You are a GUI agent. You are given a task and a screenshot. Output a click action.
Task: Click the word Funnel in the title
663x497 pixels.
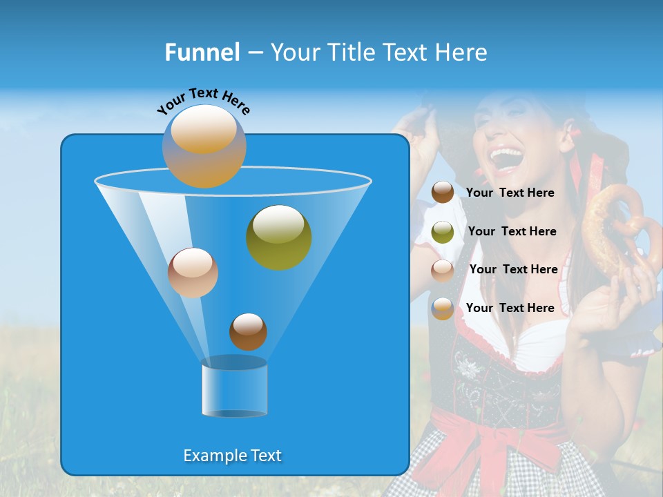point(202,52)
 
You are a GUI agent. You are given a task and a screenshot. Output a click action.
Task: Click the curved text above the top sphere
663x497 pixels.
point(203,101)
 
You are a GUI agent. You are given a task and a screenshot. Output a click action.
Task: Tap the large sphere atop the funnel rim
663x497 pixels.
point(204,146)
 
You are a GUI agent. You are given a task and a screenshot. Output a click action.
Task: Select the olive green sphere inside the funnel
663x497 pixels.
point(278,237)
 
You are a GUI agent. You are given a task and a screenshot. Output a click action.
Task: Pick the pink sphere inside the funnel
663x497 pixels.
point(193,272)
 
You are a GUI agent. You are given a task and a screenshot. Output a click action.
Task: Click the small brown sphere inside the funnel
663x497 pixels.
point(248,331)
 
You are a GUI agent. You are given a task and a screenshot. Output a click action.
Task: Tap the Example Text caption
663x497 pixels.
point(233,456)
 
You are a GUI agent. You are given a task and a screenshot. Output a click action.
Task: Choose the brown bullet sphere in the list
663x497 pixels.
point(443,193)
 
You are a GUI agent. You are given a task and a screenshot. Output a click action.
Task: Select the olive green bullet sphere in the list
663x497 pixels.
point(443,231)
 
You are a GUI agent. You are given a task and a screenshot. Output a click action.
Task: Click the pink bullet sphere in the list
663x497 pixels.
point(443,270)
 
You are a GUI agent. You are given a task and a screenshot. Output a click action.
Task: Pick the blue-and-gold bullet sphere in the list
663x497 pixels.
point(443,309)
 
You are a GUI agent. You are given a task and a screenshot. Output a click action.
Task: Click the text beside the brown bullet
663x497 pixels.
point(510,193)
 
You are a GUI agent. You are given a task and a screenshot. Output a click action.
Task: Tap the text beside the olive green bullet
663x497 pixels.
point(512,231)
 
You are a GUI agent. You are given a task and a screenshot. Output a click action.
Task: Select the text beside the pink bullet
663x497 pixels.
point(513,269)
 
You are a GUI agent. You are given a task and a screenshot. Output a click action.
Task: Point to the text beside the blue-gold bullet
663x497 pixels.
point(510,308)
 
